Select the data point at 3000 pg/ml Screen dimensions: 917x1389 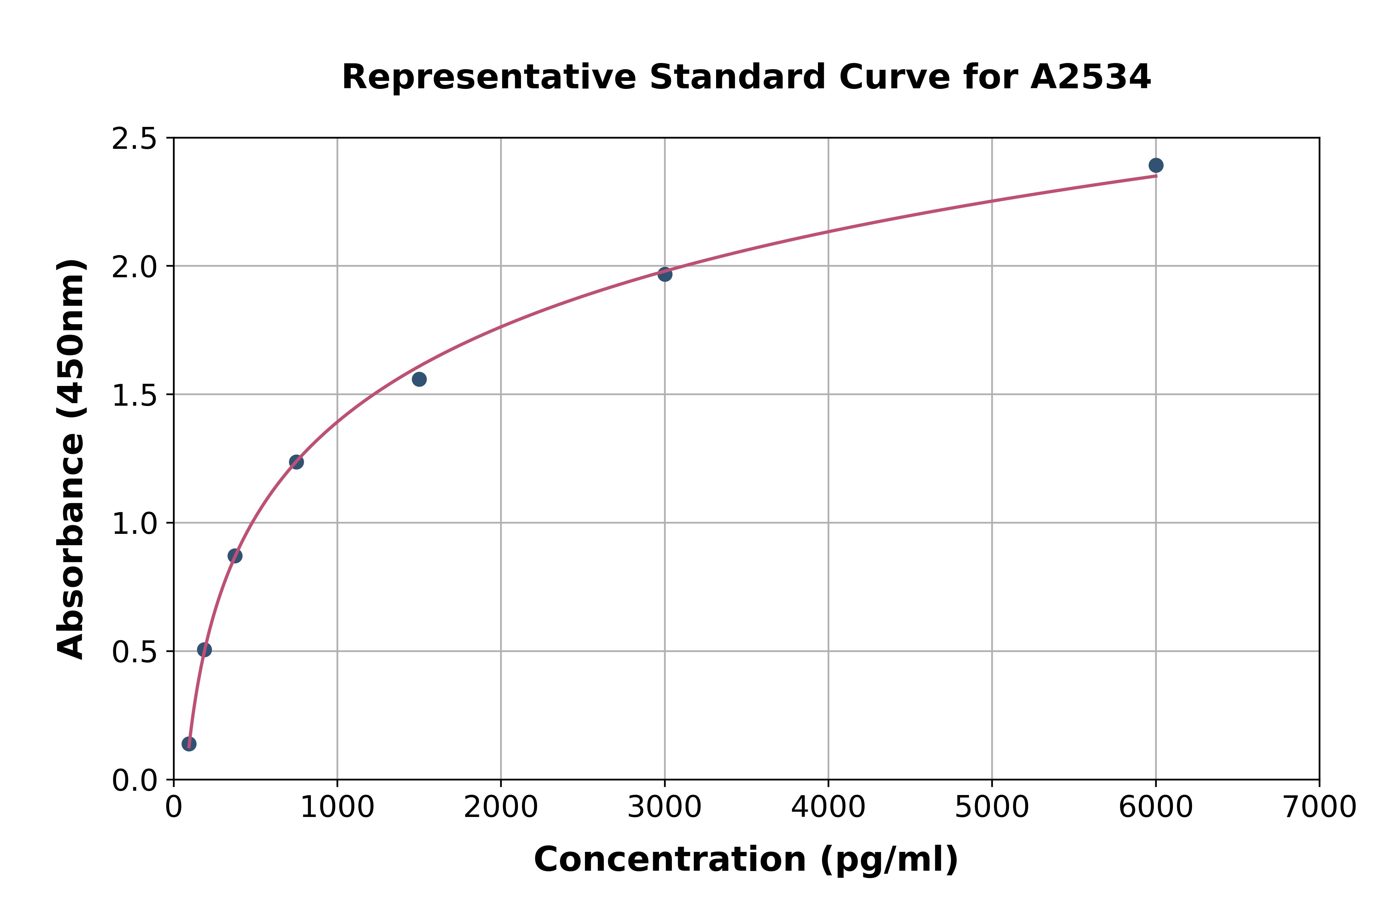[665, 274]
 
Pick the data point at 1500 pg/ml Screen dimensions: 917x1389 [419, 379]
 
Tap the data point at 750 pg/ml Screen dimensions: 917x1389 [296, 462]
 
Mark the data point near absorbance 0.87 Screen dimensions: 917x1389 [235, 556]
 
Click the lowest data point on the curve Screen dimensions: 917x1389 [189, 744]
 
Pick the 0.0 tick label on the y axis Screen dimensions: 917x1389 [135, 781]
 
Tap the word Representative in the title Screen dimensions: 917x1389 [489, 77]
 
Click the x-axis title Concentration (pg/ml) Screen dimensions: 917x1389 [746, 860]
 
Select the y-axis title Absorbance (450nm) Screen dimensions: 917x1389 [71, 459]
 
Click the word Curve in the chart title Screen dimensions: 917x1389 [895, 77]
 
